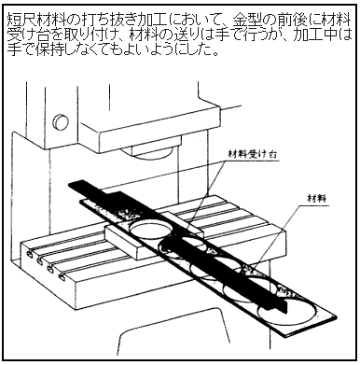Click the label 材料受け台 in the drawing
tap(252, 154)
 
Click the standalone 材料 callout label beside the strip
tap(317, 198)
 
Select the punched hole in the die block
tap(150, 230)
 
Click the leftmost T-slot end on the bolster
tap(29, 255)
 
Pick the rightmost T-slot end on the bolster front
tap(62, 276)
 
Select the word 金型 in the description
tap(247, 20)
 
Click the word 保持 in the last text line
tap(50, 49)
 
